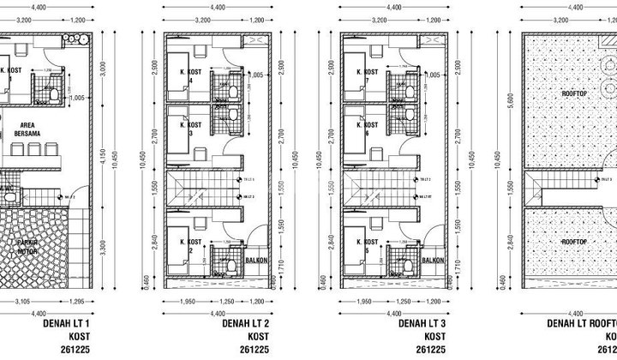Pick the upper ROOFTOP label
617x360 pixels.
tap(572, 93)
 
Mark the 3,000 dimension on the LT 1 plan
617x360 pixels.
tap(100, 69)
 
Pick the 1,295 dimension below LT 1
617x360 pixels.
tap(75, 302)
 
